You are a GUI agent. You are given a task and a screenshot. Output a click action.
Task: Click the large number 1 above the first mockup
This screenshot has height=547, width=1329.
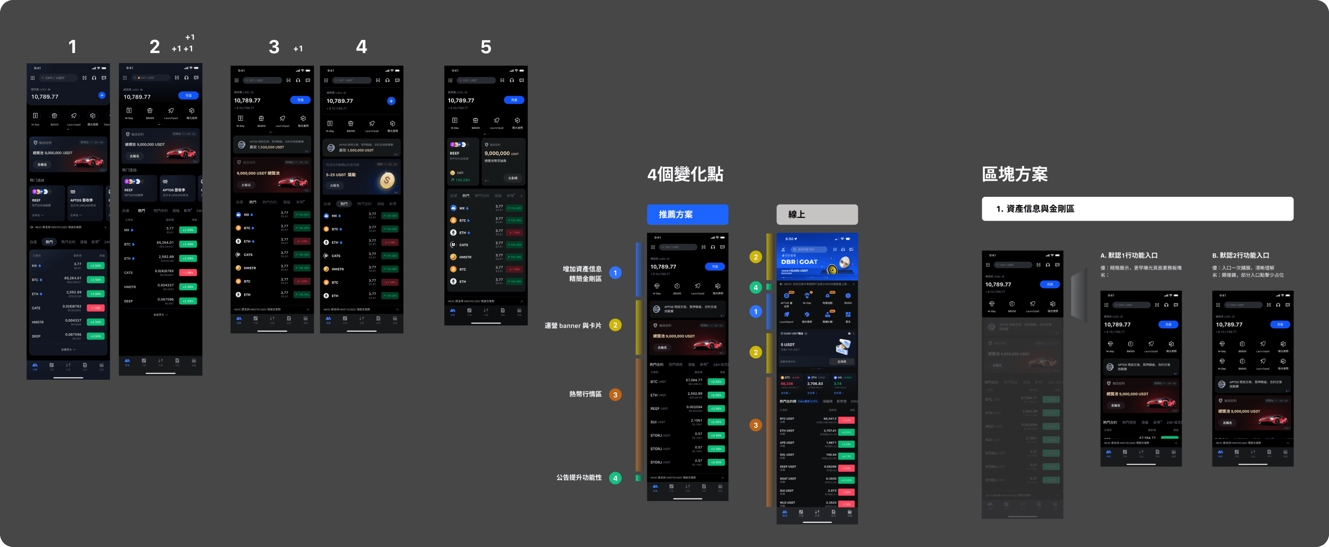[x=72, y=47]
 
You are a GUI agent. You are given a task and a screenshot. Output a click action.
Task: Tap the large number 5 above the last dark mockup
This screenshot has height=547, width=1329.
[x=486, y=47]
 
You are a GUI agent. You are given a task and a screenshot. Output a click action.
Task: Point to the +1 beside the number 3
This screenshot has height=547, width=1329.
[x=298, y=49]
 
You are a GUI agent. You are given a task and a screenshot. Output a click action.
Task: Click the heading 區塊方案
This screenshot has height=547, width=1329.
[x=1014, y=174]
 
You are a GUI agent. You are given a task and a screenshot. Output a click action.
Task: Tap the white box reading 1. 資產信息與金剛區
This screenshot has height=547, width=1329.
[x=1137, y=209]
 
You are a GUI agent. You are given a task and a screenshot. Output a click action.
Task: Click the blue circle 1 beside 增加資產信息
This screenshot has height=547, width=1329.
[x=615, y=273]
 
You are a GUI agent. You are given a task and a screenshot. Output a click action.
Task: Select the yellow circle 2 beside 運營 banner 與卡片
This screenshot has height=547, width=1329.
[x=615, y=325]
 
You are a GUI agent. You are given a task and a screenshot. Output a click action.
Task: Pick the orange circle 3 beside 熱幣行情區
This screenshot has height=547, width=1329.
[x=615, y=394]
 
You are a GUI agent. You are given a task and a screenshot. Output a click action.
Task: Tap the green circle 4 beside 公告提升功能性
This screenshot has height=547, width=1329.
[x=615, y=478]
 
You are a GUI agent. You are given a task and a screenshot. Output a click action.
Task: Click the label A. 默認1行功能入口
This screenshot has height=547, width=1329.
[x=1129, y=255]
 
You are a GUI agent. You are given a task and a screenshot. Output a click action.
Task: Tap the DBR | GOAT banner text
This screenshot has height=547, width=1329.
[x=799, y=262]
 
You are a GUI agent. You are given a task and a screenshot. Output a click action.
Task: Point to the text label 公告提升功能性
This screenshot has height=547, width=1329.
[x=579, y=478]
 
